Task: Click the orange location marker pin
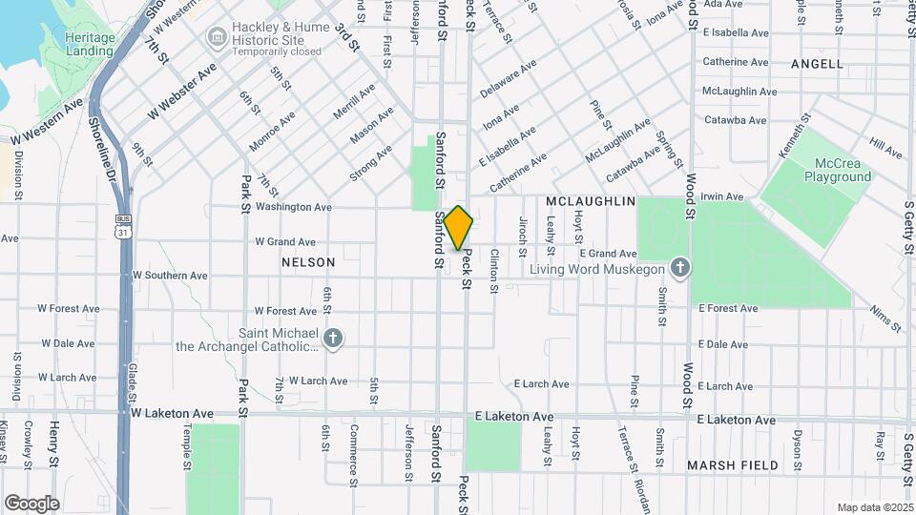[458, 227]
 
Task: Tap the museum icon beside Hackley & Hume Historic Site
[216, 37]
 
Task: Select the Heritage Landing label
[91, 43]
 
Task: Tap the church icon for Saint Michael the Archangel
[333, 338]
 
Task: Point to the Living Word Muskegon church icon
[679, 268]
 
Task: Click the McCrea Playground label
[838, 171]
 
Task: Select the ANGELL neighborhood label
[818, 64]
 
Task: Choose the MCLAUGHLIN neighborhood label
[591, 202]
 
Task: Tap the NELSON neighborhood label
[308, 262]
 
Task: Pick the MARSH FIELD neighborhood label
[732, 465]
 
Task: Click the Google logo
[31, 503]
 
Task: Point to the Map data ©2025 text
[875, 507]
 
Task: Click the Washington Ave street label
[293, 207]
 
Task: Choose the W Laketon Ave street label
[173, 414]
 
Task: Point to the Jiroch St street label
[523, 237]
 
